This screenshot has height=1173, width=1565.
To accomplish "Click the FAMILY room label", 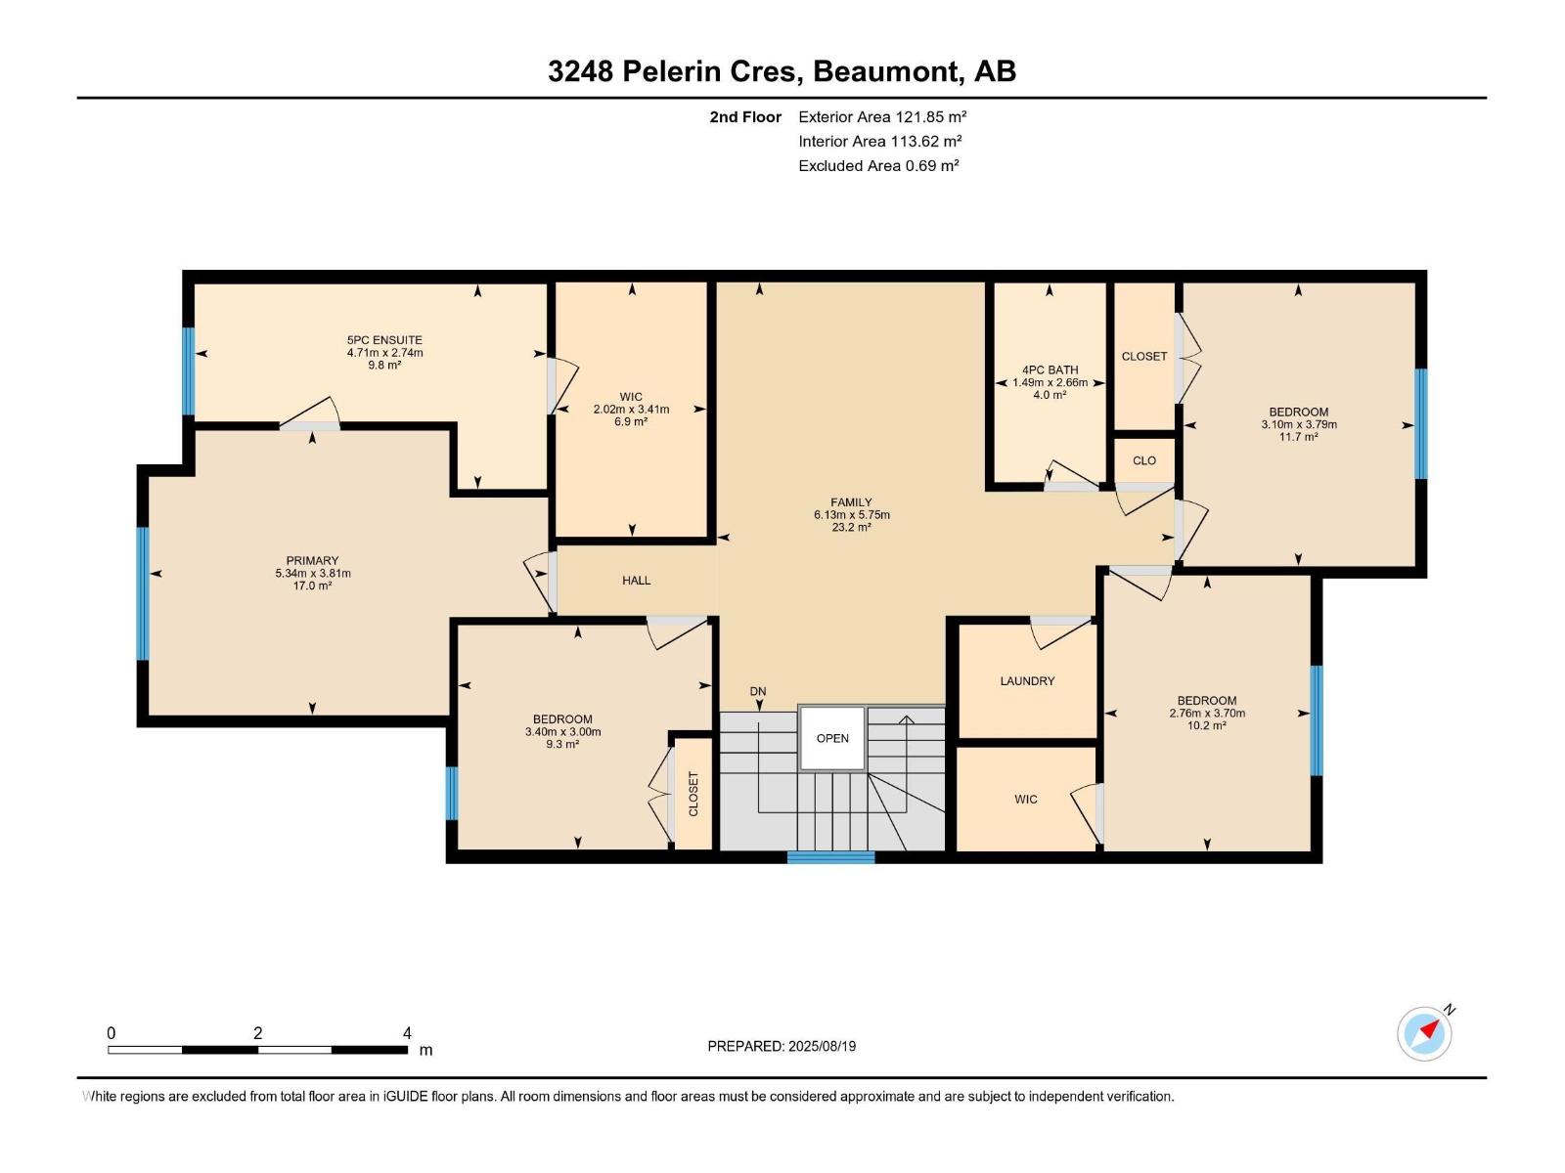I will point(851,502).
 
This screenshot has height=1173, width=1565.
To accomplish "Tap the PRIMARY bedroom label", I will point(312,561).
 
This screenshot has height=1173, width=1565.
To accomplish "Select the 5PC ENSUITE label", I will point(384,340).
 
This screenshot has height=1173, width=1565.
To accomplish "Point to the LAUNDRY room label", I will point(1027,681).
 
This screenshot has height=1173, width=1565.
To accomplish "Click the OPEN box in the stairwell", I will point(832,738).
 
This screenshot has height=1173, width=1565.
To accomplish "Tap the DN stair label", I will point(758,691).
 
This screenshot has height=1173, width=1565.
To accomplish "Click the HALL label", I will point(636,581).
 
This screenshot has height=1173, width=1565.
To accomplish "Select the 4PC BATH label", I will point(1050,369).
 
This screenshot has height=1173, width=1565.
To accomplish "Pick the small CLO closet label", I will point(1143,460).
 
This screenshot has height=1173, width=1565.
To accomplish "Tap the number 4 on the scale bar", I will point(407,1033).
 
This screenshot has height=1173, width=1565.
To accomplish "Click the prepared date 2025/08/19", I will point(822,1046).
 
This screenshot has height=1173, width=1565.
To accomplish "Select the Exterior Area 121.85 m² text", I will point(882,116).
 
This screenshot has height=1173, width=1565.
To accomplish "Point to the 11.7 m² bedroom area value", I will point(1298,437).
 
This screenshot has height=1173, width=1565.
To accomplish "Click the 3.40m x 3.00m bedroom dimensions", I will point(562,732).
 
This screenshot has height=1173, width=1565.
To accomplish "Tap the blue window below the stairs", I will point(830,857).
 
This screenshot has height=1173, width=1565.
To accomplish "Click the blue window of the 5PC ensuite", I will point(189,370).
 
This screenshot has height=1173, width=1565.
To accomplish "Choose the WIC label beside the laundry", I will point(1025,800).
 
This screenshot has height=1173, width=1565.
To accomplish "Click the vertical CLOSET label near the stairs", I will point(693,794).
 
